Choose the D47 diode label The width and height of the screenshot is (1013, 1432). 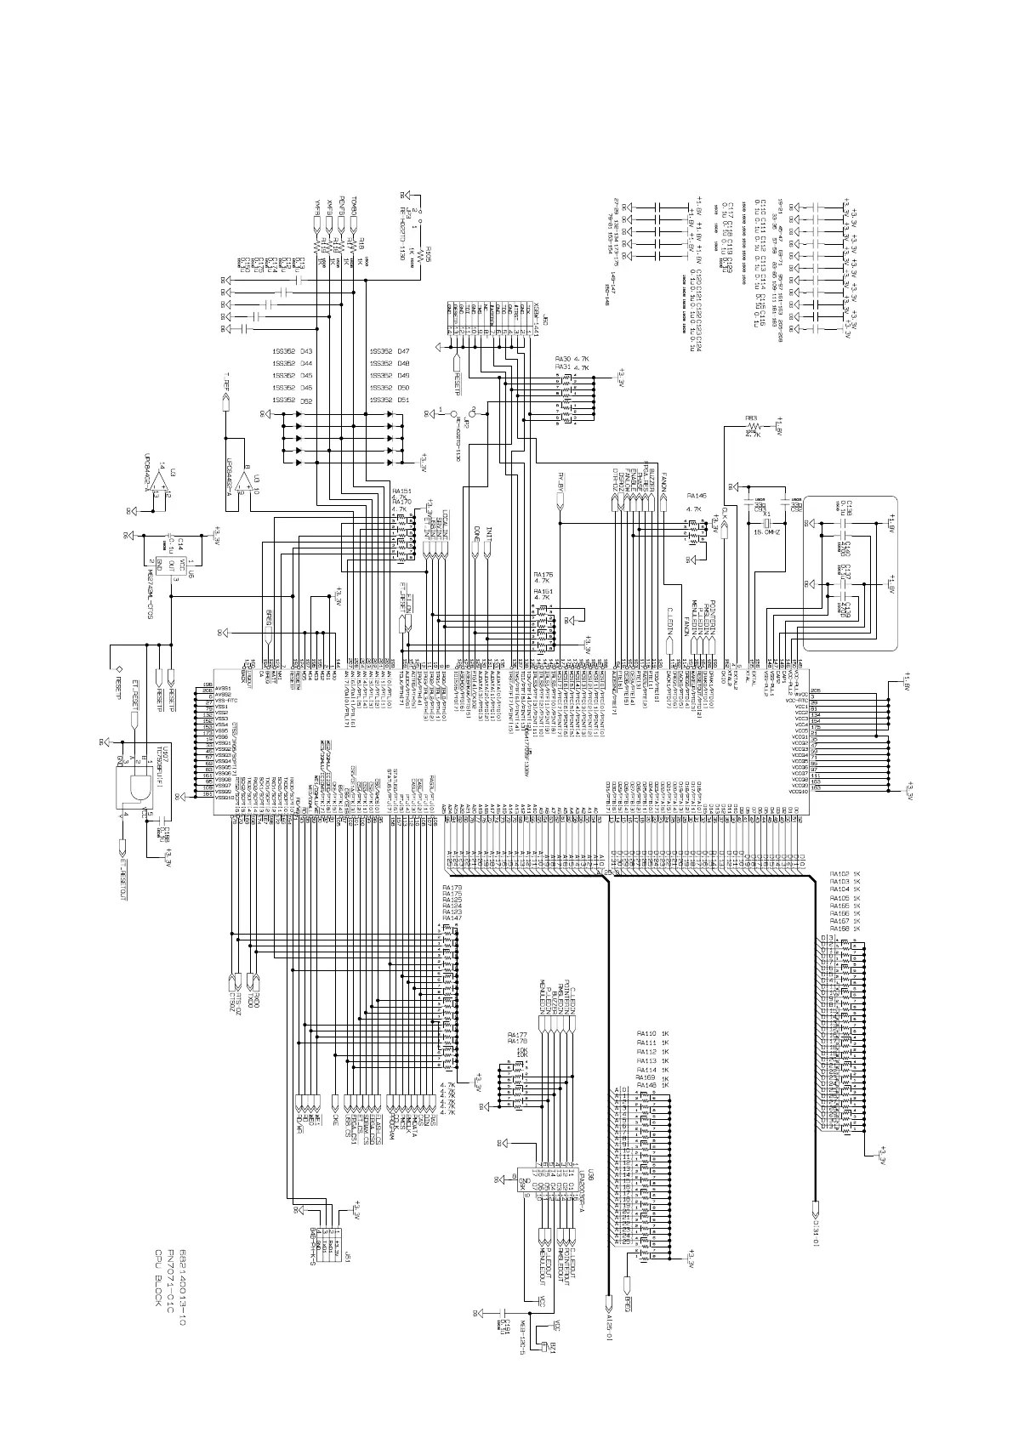coord(404,351)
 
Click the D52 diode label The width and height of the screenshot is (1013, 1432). coord(306,400)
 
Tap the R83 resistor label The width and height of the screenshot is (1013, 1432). coord(751,418)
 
